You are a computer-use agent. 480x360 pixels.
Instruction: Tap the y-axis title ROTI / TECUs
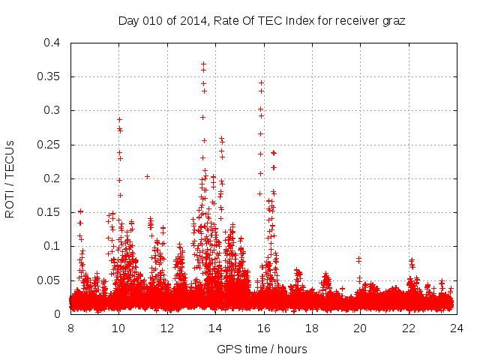point(10,178)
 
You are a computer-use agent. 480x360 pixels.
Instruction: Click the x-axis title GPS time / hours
point(262,349)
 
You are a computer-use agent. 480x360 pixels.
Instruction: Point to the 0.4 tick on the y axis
point(52,43)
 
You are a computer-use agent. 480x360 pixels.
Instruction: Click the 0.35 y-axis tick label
point(49,76)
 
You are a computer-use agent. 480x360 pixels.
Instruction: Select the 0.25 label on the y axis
point(49,145)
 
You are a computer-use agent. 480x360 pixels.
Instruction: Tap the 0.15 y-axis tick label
point(49,212)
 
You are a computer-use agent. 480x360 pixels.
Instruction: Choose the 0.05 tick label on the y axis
point(49,280)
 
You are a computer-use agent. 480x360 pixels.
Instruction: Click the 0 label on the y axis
point(57,313)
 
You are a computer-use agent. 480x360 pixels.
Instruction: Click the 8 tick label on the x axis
point(70,328)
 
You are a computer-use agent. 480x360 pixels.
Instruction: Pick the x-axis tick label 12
point(167,328)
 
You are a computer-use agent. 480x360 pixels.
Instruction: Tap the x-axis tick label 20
point(360,328)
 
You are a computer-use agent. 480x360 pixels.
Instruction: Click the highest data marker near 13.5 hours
point(203,64)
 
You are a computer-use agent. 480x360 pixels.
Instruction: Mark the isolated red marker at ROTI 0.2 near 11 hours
point(147,177)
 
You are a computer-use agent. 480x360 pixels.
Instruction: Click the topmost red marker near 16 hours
point(261,82)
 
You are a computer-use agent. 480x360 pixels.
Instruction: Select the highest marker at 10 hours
point(118,119)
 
